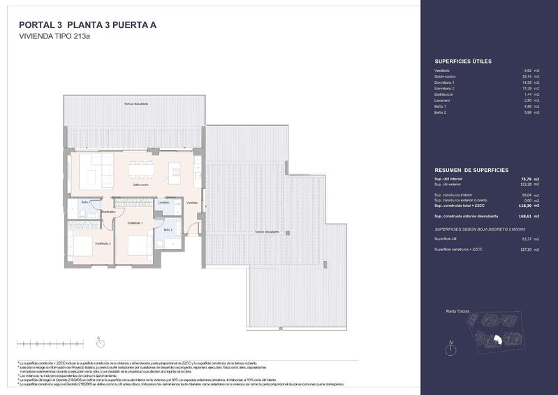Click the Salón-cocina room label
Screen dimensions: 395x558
click(x=140, y=185)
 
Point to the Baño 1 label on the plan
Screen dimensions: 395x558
click(x=168, y=229)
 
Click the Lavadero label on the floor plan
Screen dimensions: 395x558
click(x=164, y=203)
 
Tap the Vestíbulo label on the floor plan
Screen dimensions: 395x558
click(x=191, y=203)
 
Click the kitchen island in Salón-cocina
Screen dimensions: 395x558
click(x=174, y=170)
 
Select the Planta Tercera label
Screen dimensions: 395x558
click(x=457, y=310)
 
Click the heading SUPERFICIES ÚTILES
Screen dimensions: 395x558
click(x=463, y=62)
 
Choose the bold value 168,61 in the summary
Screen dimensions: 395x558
click(x=528, y=217)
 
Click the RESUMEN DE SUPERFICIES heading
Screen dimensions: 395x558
click(x=471, y=171)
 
